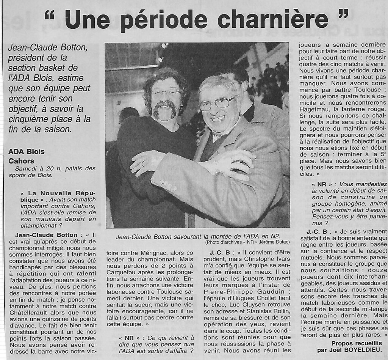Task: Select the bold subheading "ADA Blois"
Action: [26, 152]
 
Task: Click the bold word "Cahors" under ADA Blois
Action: [21, 161]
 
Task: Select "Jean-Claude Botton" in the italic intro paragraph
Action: [48, 48]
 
